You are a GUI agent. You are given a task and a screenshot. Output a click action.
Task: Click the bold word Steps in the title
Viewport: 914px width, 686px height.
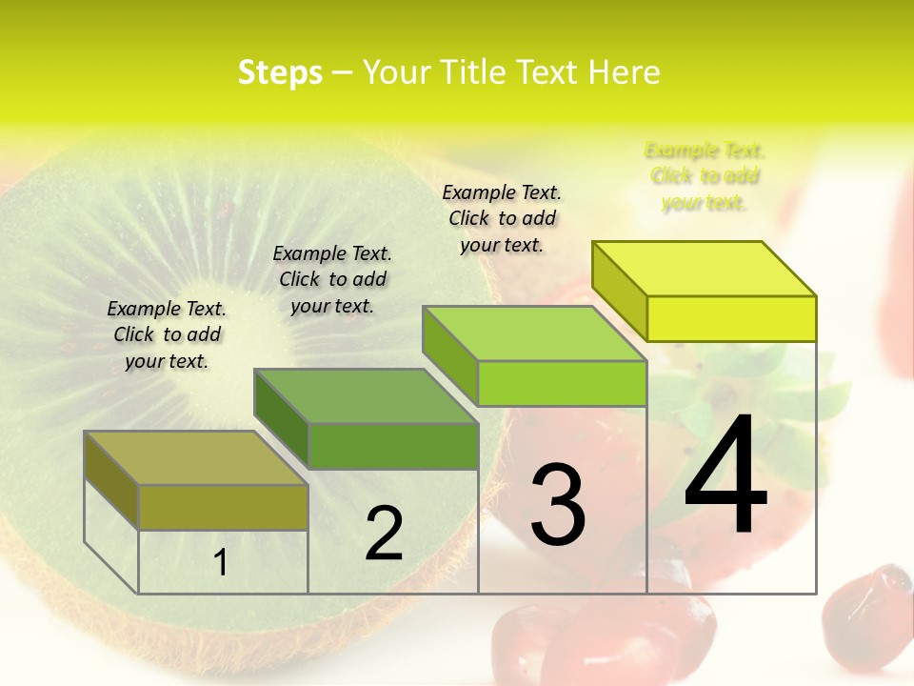(280, 72)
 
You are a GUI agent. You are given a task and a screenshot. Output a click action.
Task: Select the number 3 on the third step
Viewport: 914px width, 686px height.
(558, 505)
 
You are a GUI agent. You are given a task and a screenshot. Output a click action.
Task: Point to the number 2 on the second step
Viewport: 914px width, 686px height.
(384, 534)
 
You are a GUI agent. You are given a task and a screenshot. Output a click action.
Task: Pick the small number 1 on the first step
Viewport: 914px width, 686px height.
(221, 563)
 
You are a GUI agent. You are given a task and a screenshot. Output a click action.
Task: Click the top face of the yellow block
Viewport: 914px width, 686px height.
(705, 269)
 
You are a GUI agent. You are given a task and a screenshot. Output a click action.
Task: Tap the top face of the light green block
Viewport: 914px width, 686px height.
(535, 333)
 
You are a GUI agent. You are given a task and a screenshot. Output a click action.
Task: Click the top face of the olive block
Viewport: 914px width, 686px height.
(196, 458)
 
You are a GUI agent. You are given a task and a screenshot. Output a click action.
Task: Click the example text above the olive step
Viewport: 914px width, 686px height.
(167, 334)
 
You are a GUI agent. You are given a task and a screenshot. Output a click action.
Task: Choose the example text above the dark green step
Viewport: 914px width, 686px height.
(332, 279)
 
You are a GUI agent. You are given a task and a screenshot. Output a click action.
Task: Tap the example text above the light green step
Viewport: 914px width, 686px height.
(502, 218)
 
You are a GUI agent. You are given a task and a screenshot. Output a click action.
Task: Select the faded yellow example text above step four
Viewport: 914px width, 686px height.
(705, 176)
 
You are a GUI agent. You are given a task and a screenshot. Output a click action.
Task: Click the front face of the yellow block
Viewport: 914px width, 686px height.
(731, 318)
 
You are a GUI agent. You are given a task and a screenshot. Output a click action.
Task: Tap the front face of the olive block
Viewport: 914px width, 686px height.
(223, 507)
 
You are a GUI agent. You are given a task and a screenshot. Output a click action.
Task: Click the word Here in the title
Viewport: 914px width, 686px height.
(625, 72)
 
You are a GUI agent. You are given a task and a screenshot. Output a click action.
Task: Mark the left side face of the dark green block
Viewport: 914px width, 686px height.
(281, 419)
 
